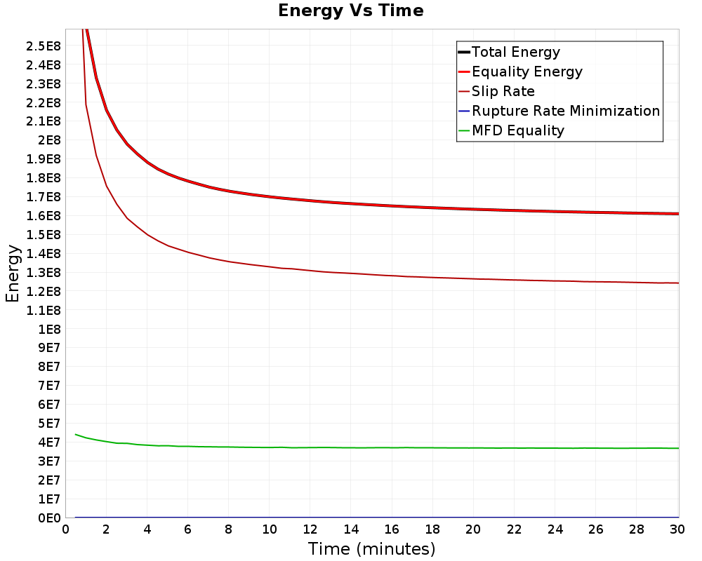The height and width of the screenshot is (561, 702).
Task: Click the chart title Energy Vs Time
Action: pos(351,11)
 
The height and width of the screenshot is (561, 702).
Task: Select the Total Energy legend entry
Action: pos(516,52)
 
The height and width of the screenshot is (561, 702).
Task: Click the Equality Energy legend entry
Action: pos(526,72)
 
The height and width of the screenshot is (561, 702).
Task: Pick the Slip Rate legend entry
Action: pos(503,91)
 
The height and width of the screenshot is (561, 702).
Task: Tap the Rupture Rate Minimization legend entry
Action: pos(565,111)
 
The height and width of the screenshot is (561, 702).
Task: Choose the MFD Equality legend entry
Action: pos(517,130)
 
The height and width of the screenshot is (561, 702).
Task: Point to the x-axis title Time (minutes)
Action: pos(371,548)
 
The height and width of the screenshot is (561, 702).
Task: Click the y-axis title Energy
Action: pos(12,273)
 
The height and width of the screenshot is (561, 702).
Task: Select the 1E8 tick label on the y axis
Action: pos(48,329)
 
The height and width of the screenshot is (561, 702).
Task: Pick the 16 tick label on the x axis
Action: pos(392,530)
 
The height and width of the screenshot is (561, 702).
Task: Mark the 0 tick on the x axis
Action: pos(66,530)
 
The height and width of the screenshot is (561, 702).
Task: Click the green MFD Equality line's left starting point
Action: pos(76,434)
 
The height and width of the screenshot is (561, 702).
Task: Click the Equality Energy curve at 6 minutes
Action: pos(188,181)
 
